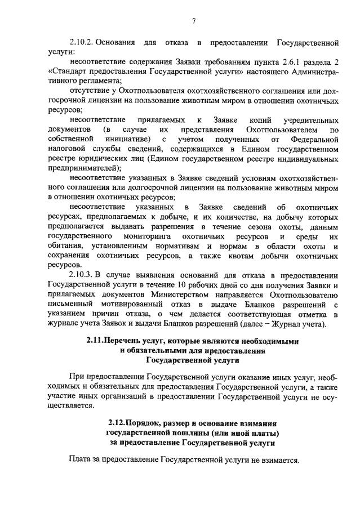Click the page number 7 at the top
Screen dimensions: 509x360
(193, 21)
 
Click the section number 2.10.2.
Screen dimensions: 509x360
(85, 43)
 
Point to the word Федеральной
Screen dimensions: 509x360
(312, 139)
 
